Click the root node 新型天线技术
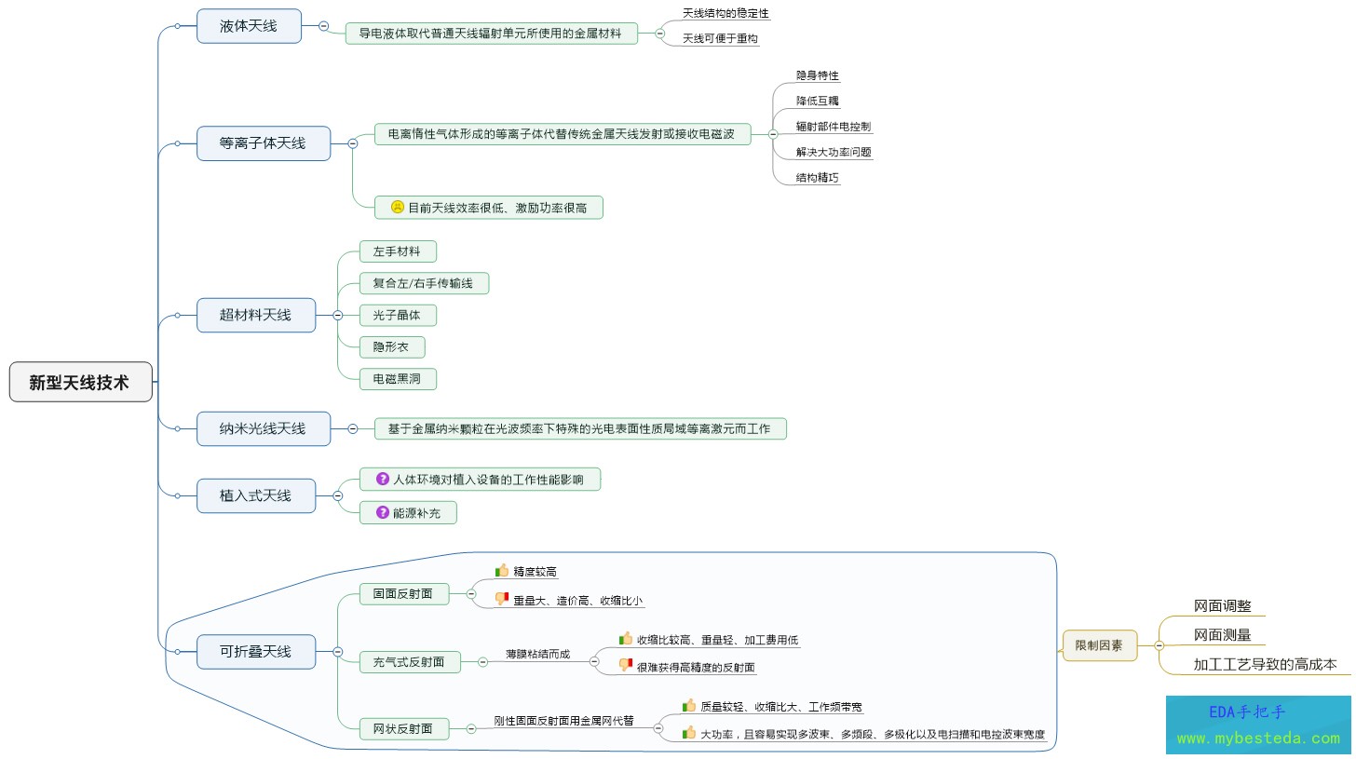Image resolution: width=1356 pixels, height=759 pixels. (x=80, y=382)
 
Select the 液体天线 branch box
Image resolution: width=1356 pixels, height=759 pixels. (x=249, y=26)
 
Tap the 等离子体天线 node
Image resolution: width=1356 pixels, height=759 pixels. (x=263, y=143)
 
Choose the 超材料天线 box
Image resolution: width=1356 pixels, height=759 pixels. (x=255, y=315)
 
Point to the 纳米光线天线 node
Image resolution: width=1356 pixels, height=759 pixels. (x=263, y=428)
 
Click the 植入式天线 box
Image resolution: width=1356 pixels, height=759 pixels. (x=255, y=495)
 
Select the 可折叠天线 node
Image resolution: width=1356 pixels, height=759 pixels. (x=255, y=651)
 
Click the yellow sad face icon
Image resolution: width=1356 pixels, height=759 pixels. (x=397, y=208)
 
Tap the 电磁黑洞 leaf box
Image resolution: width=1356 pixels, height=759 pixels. (x=398, y=379)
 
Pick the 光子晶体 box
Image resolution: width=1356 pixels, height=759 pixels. (x=398, y=315)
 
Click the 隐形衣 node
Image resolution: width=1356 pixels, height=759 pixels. (x=391, y=347)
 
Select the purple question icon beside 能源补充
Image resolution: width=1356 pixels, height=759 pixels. (x=382, y=512)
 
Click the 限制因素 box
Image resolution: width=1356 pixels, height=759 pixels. (x=1099, y=644)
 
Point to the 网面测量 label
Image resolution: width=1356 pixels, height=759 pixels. (x=1222, y=635)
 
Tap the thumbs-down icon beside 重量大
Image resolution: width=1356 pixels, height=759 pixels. (x=502, y=599)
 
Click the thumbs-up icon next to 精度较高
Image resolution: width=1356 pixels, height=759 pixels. (x=502, y=571)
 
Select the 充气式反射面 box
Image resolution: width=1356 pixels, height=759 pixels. (x=410, y=662)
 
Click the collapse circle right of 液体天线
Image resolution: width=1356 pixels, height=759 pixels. (x=323, y=26)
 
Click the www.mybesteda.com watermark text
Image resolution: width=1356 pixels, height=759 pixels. (x=1257, y=738)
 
